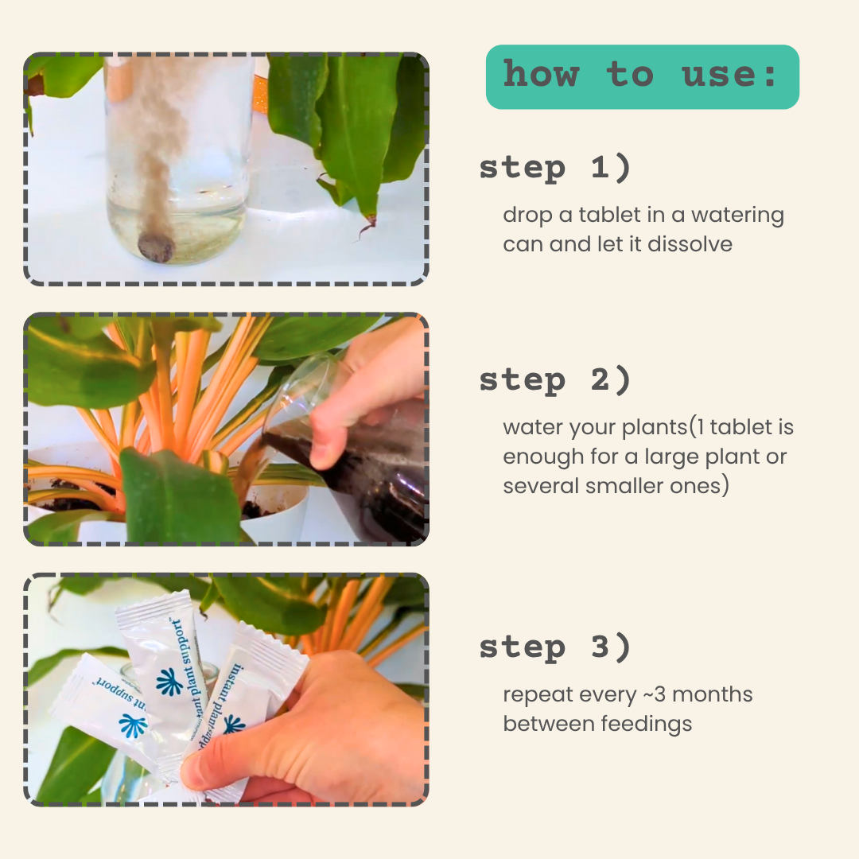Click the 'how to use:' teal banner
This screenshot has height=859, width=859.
(642, 76)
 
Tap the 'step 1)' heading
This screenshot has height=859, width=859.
(555, 167)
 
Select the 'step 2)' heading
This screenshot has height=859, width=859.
(555, 379)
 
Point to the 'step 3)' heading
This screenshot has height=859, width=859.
(555, 647)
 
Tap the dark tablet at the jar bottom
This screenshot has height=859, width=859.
(156, 247)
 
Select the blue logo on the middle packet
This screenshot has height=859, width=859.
(169, 682)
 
